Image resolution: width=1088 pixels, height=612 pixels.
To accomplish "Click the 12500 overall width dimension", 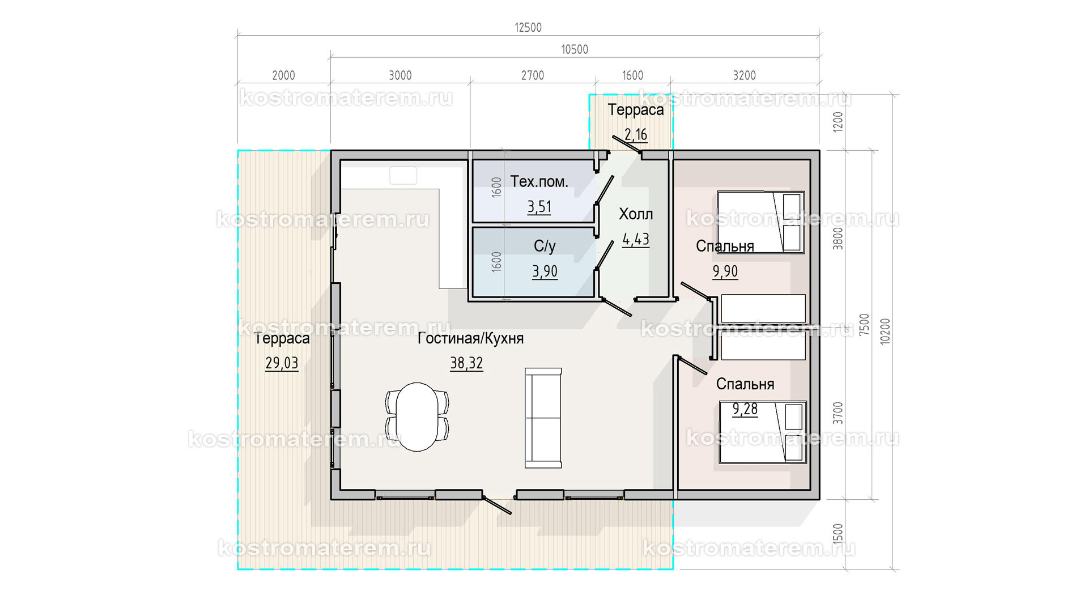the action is [528, 27].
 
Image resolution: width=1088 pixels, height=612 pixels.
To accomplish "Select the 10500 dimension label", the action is [575, 49].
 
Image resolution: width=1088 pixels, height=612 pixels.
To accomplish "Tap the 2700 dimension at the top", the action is [533, 75].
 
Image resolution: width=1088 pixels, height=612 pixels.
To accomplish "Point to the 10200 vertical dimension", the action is [885, 331].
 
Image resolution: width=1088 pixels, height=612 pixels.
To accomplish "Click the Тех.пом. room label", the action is [539, 181].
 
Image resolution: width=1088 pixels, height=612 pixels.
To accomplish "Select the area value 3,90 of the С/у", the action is [545, 272].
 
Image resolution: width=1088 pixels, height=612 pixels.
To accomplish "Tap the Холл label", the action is [636, 214].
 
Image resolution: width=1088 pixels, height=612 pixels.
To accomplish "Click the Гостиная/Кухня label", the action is [470, 338].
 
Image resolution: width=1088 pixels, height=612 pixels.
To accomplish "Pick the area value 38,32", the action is [466, 363].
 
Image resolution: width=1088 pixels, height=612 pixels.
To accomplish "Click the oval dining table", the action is [417, 417].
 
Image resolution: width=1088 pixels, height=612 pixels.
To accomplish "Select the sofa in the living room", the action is [543, 418].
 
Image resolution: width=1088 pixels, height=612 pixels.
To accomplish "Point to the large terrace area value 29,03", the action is [282, 363].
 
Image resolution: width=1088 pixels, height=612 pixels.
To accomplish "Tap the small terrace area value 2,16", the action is [636, 135].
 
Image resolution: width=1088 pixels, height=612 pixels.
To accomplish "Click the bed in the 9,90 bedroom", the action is [761, 222].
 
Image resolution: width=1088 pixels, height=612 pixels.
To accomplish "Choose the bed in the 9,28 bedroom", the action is [763, 432].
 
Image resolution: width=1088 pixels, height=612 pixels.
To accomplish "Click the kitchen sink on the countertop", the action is [403, 176].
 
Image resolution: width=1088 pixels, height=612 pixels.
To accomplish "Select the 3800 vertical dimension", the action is [838, 238].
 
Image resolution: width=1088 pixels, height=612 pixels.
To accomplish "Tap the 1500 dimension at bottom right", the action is [838, 534].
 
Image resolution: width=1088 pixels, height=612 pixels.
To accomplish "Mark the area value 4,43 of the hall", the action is [636, 240].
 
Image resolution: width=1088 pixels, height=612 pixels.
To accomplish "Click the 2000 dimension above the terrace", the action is [283, 75].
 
